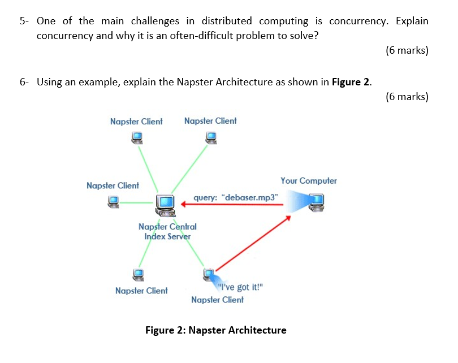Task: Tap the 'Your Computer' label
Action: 308,181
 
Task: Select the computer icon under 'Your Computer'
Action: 315,201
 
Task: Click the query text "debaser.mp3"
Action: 236,198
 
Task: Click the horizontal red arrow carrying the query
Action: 232,205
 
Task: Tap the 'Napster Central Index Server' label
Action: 167,231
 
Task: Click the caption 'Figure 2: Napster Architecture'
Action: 215,330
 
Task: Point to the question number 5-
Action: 24,21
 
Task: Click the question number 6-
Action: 24,82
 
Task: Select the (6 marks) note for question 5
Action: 407,50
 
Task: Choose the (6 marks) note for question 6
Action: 407,97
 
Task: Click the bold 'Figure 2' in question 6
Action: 351,82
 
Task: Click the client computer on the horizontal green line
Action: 114,201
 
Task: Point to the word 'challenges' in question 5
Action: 155,21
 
